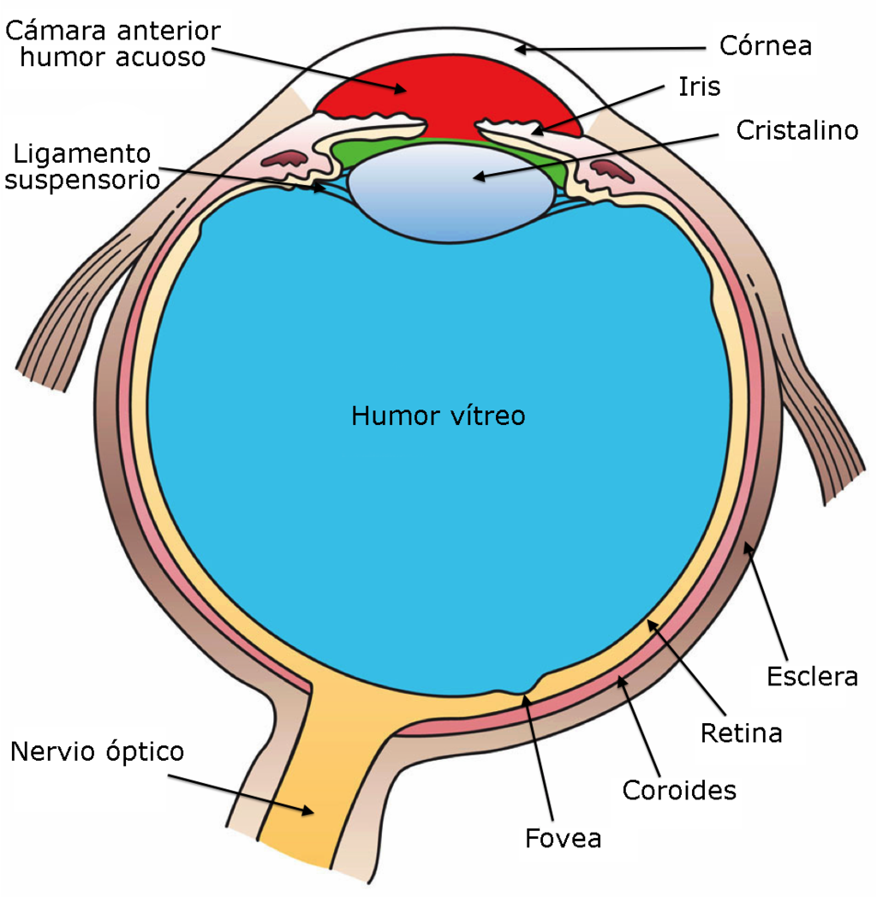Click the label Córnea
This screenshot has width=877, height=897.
766,45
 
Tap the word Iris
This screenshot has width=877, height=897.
699,87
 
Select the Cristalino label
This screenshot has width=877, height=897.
797,130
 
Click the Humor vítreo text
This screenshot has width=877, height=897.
438,416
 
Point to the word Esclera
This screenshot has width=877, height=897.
813,677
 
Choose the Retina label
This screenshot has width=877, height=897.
741,733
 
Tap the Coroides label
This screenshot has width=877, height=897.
679,790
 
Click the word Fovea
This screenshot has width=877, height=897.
564,839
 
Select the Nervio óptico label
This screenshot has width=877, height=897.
97,752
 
